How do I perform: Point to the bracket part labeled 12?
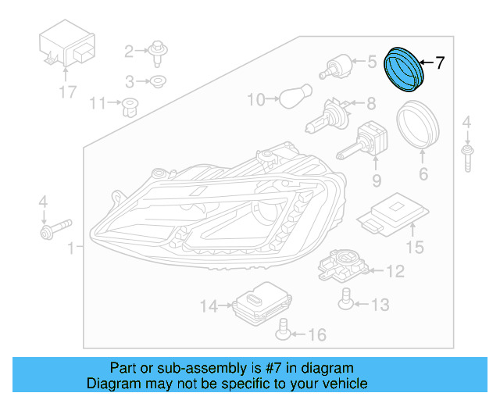tap(341, 267)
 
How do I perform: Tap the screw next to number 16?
tap(284, 334)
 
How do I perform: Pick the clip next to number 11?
tap(126, 105)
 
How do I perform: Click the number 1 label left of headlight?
tap(71, 249)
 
